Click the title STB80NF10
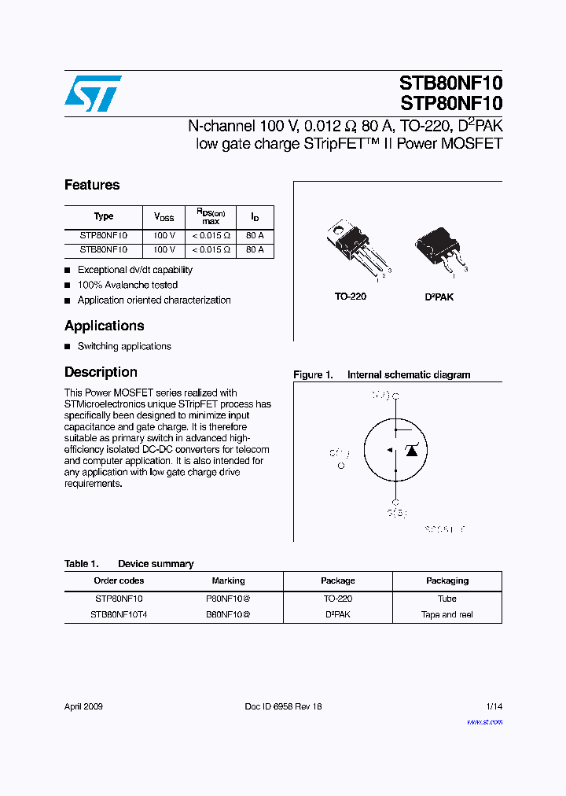click(x=450, y=83)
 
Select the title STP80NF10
click(x=450, y=103)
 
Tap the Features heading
click(x=92, y=185)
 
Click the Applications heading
click(x=104, y=326)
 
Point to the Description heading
click(x=101, y=372)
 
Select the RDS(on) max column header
click(x=210, y=216)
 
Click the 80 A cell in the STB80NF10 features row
click(x=255, y=250)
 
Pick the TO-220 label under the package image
click(x=351, y=297)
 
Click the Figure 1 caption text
click(x=381, y=375)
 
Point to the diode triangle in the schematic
click(x=410, y=450)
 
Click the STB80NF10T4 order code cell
click(x=118, y=614)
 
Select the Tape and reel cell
click(x=447, y=614)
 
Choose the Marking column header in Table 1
click(x=228, y=580)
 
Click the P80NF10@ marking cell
click(x=228, y=599)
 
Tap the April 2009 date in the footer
click(x=83, y=706)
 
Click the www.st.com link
click(x=484, y=721)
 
